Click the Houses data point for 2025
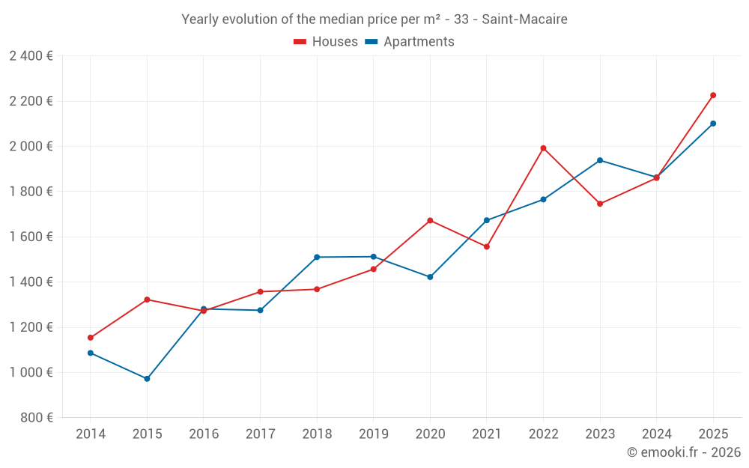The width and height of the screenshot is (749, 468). [x=713, y=95]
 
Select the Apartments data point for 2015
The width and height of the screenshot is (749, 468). [x=147, y=379]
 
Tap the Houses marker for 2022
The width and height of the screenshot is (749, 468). [x=543, y=148]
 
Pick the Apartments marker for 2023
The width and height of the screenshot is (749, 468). [x=600, y=160]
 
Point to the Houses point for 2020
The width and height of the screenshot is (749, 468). [x=430, y=220]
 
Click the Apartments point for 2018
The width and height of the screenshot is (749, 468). [x=317, y=257]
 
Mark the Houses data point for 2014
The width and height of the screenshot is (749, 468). [x=91, y=338]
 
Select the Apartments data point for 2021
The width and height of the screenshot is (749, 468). [x=487, y=220]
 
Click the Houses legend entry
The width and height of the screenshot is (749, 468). [x=326, y=42]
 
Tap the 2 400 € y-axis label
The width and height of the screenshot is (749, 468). [x=31, y=56]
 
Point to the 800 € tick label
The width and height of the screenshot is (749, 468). [x=37, y=418]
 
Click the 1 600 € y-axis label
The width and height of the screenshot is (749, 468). [x=31, y=237]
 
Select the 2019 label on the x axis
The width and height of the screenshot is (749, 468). [x=374, y=434]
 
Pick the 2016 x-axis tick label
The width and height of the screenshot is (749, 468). [x=204, y=434]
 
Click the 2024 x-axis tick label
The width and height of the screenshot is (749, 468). [x=656, y=434]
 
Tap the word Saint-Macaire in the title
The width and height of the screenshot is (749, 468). [x=524, y=19]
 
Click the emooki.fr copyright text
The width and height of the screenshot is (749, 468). [x=683, y=452]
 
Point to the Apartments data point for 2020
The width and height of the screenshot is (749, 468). [x=430, y=277]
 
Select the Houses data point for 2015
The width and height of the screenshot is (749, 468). [x=147, y=300]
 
